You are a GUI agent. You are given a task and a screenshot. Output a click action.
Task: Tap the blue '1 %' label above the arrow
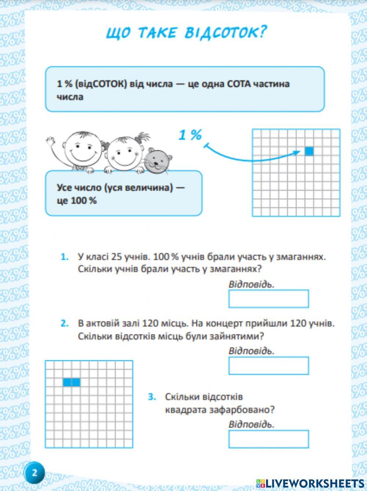[x=190, y=135]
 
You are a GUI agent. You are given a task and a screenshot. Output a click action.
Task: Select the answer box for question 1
[x=268, y=299]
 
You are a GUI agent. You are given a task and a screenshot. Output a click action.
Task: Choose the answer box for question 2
[x=268, y=365]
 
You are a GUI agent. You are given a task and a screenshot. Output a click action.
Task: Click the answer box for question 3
[x=268, y=439]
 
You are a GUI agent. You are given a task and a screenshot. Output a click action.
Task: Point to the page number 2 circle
[x=34, y=472]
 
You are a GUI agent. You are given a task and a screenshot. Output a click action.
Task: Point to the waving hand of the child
[x=51, y=141]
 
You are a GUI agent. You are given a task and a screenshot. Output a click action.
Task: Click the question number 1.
[x=65, y=257]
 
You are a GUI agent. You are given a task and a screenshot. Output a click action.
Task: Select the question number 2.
[x=65, y=324]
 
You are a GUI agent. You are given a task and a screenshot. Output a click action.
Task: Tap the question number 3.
[x=152, y=397]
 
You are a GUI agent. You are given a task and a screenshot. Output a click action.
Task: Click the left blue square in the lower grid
[x=67, y=382]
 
